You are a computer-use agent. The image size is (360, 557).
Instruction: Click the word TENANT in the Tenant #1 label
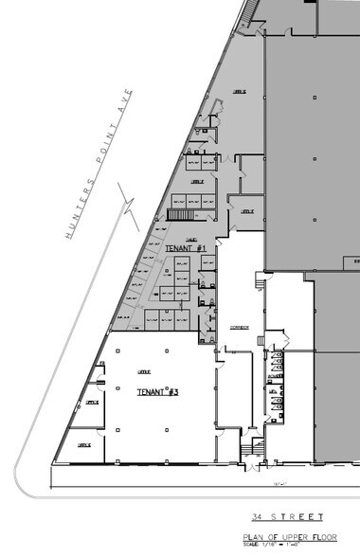pyautogui.click(x=180, y=248)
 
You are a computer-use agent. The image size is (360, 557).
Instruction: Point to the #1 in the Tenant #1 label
pyautogui.click(x=202, y=248)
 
